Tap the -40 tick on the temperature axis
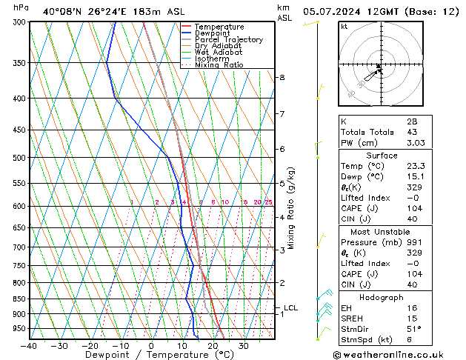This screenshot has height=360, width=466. [29, 346]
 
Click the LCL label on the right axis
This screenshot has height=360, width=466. [291, 307]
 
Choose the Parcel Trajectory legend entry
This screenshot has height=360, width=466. [228, 40]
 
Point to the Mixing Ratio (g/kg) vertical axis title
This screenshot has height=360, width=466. [292, 208]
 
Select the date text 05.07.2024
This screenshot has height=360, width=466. [333, 11]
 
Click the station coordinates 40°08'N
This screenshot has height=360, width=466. [65, 11]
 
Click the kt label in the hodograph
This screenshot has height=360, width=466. [344, 26]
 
